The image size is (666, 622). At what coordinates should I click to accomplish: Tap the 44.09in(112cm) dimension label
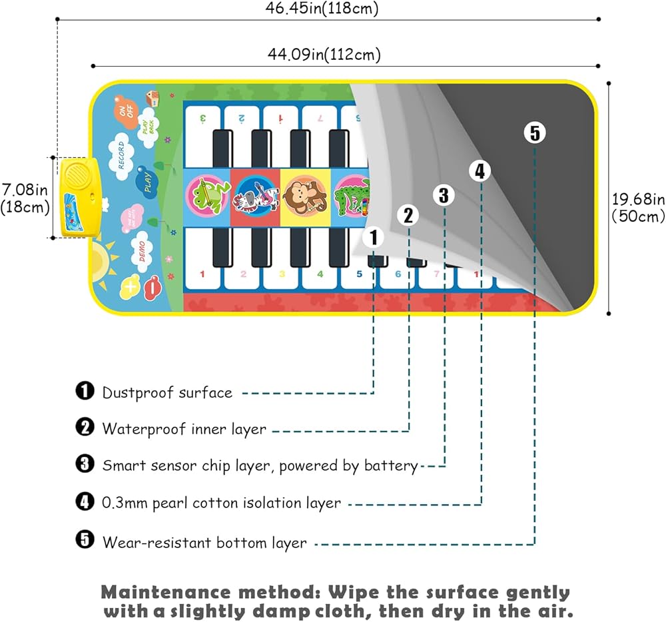click(x=324, y=55)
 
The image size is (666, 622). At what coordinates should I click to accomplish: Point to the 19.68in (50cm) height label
click(x=638, y=206)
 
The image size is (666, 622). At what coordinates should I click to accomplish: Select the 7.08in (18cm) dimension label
click(x=25, y=199)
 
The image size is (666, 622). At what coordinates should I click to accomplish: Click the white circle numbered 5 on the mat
click(x=534, y=133)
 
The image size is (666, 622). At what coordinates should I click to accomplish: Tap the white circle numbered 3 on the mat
click(x=444, y=195)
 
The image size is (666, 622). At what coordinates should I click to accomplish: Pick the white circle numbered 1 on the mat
click(x=374, y=236)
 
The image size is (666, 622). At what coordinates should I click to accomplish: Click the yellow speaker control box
click(x=79, y=197)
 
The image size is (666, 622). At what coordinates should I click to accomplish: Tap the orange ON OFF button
click(x=125, y=111)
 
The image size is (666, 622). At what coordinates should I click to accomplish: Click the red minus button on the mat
click(x=153, y=287)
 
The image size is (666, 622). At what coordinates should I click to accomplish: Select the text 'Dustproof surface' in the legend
click(x=167, y=393)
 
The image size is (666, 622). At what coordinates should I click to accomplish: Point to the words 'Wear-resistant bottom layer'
click(x=204, y=543)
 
